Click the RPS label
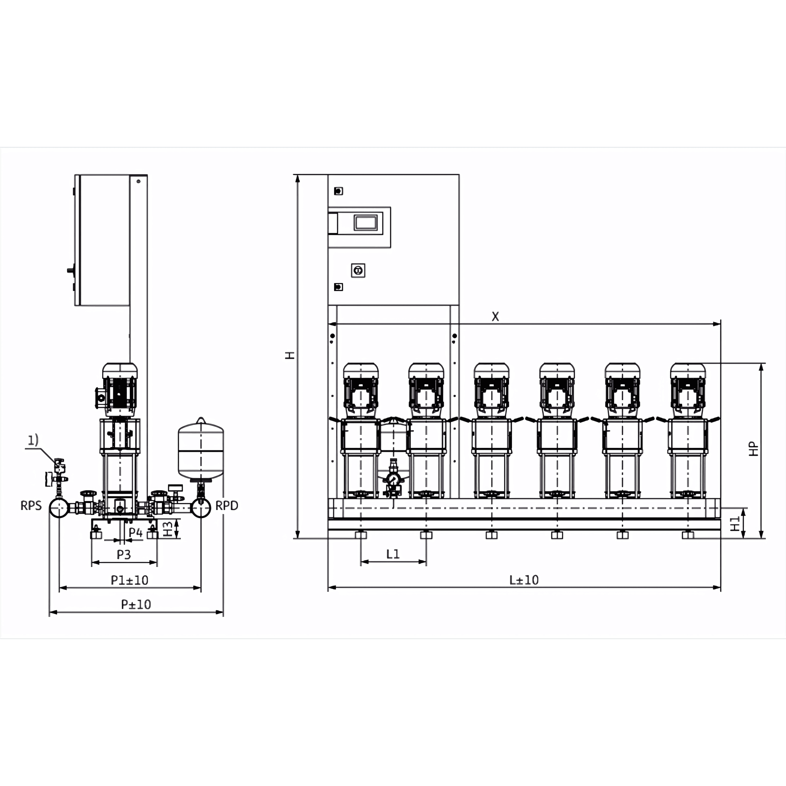coord(31,506)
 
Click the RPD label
coord(227,506)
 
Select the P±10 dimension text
coord(136,605)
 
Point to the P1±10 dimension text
coord(129,580)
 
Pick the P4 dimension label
coord(136,533)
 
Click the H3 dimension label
coord(167,529)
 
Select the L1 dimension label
coord(393,554)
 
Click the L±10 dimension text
coord(524,580)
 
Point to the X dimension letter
coord(495,316)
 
